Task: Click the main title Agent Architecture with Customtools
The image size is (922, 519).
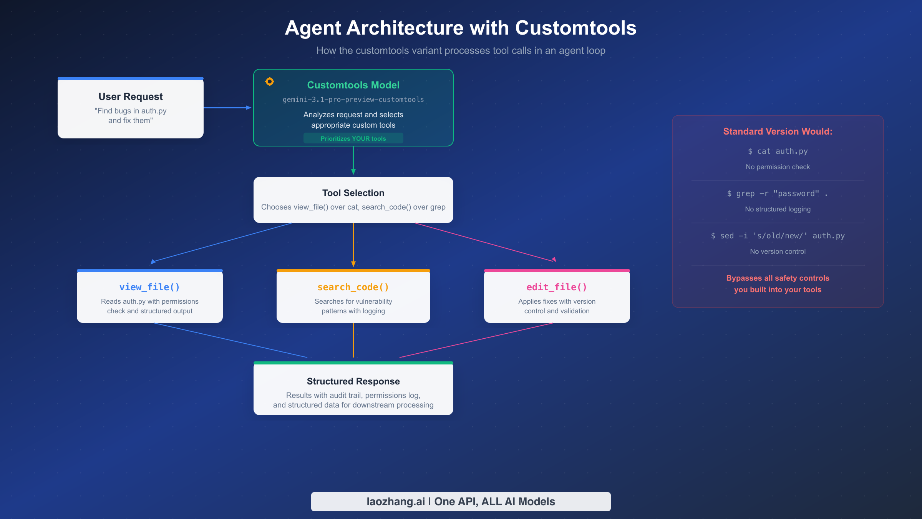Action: [x=461, y=28]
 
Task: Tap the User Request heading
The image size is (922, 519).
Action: [x=131, y=96]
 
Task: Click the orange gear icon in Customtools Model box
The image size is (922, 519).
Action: [x=270, y=82]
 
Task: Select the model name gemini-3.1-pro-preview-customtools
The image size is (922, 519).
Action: [x=353, y=100]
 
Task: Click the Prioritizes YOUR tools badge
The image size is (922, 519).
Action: [x=353, y=138]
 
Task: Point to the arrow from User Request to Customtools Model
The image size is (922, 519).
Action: [x=227, y=108]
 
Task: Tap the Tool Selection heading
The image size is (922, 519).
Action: [x=353, y=193]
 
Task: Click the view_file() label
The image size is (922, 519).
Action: [x=149, y=287]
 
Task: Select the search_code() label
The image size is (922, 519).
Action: [x=353, y=287]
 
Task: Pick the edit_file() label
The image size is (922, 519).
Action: [x=557, y=287]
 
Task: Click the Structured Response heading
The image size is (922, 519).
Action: [x=353, y=381]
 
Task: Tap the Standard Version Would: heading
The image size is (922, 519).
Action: [x=778, y=131]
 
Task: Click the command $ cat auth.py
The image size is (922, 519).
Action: [x=778, y=151]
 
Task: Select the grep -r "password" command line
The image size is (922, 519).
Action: [x=778, y=194]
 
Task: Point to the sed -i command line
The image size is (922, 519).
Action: [x=778, y=236]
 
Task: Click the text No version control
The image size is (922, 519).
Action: [x=778, y=251]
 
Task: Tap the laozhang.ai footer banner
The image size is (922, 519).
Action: [x=461, y=502]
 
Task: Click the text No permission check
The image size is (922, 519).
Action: [x=778, y=167]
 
